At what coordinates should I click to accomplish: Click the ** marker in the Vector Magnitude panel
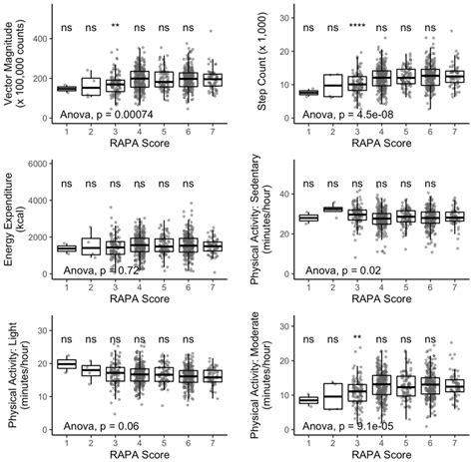(x=116, y=27)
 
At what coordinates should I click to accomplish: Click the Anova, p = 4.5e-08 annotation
(x=350, y=116)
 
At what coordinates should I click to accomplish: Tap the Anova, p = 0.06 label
(x=99, y=427)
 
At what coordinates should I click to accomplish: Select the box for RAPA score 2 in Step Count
(x=333, y=87)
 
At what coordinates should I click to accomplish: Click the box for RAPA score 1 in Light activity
(x=68, y=364)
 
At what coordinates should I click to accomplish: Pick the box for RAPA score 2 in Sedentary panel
(x=333, y=209)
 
